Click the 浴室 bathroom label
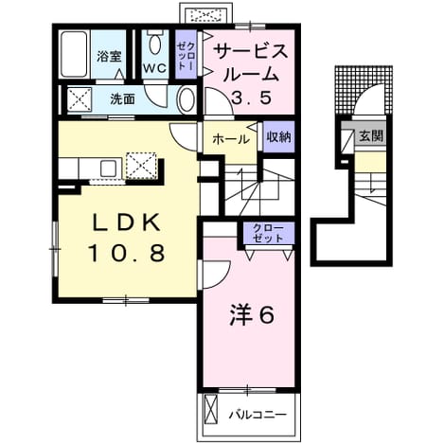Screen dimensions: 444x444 [109, 57]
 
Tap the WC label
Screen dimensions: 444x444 [155, 67]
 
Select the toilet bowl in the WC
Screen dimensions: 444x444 [154, 44]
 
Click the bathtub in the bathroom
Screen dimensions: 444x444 [74, 54]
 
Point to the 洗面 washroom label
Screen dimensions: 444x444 [122, 99]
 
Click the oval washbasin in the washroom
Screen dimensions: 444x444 [186, 99]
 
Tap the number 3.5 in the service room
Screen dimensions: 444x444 [252, 98]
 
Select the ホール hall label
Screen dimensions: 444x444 [231, 139]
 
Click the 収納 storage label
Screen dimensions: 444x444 [278, 137]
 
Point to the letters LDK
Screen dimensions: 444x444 [125, 223]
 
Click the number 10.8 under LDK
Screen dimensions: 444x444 [127, 254]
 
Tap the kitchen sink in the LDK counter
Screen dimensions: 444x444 [109, 169]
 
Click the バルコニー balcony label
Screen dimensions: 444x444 [258, 415]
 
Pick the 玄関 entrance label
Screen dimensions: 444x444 [371, 136]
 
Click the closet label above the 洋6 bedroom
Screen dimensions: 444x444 [269, 233]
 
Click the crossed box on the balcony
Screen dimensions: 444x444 [211, 409]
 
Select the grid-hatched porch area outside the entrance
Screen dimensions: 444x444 [364, 90]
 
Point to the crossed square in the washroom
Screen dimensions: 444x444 [80, 99]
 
